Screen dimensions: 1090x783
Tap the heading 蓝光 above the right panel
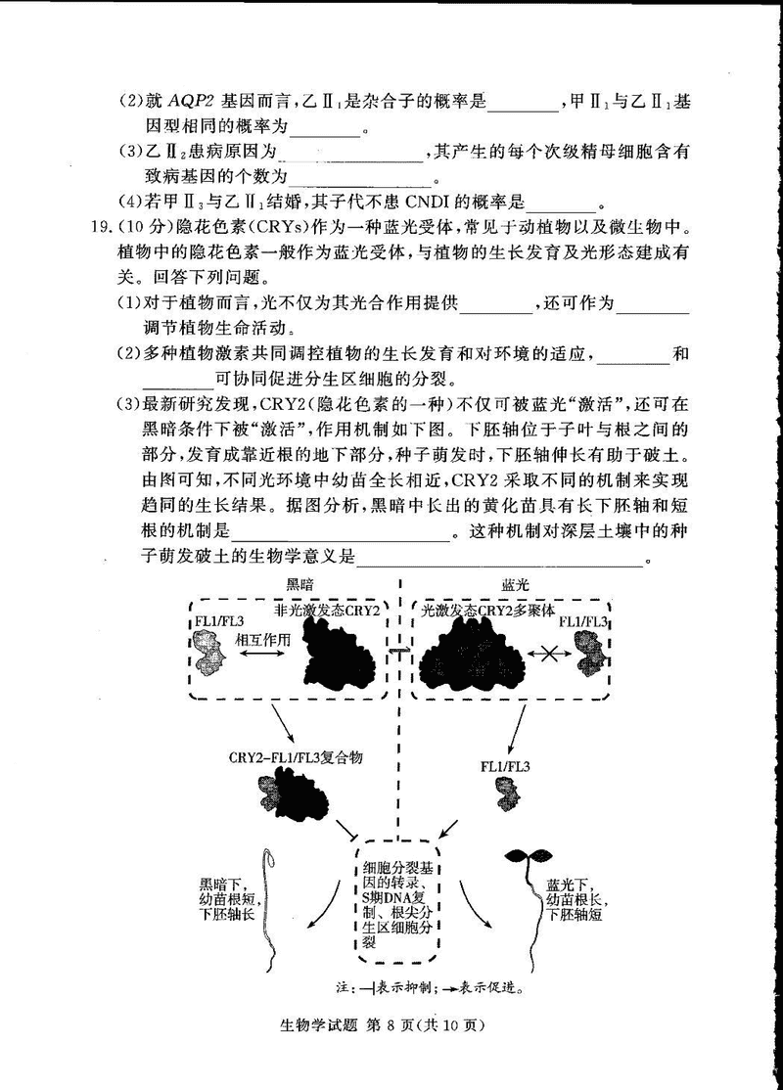point(515,584)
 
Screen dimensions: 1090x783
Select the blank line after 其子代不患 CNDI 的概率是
point(561,204)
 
